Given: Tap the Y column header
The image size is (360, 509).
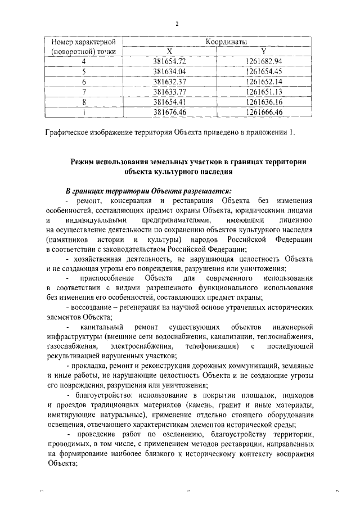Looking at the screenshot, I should tap(263, 52).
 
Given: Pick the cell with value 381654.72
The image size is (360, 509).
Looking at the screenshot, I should tap(173, 61).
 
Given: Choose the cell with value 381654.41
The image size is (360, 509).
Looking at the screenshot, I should tap(173, 102).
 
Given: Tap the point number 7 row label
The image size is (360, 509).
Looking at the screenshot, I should tap(83, 91).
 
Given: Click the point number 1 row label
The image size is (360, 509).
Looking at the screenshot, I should tap(83, 112).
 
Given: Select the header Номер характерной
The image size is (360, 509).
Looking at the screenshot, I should tap(84, 42).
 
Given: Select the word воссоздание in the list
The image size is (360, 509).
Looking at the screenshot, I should tap(96, 307).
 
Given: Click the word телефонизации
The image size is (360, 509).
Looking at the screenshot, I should tap(209, 345).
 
